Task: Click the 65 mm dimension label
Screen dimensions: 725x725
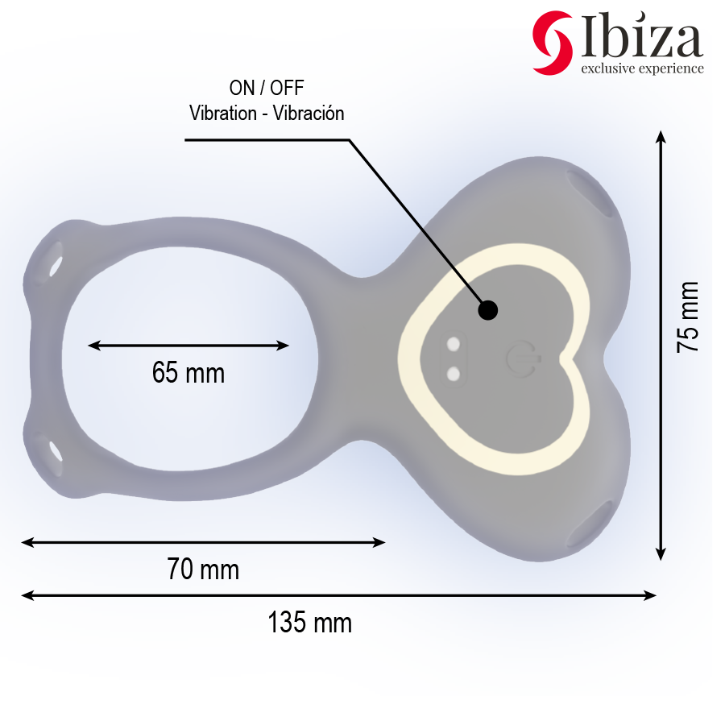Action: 188,373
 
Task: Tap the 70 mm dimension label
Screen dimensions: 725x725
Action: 203,570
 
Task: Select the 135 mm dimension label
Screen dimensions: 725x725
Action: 310,623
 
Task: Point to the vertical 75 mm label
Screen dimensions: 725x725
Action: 688,317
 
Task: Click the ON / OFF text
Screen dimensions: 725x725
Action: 267,89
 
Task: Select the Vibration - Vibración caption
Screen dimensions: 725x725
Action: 267,113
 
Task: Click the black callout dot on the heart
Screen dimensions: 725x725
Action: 487,309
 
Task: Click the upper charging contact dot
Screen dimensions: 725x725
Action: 454,346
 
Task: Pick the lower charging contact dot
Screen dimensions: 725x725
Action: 454,374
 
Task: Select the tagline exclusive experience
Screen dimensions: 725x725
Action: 642,68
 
